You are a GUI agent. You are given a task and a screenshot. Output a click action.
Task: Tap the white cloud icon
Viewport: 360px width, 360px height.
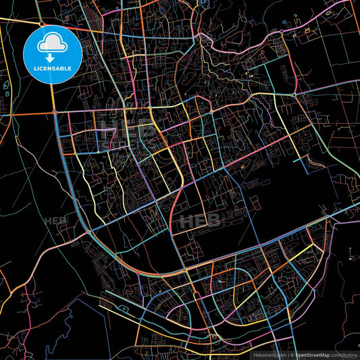(53, 43)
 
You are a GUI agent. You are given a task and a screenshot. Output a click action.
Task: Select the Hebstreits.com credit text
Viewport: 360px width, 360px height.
(267, 354)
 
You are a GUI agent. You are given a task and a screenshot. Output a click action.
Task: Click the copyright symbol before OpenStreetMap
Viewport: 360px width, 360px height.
(292, 354)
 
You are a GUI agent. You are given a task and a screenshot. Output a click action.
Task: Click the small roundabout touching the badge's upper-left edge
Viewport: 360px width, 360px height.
(41, 25)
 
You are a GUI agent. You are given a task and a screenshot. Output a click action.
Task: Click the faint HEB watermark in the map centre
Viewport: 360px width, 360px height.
(200, 220)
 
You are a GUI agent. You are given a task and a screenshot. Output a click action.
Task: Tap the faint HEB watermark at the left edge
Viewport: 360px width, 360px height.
(53, 221)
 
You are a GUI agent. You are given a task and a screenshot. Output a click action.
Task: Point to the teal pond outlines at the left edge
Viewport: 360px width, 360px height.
(5, 86)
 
